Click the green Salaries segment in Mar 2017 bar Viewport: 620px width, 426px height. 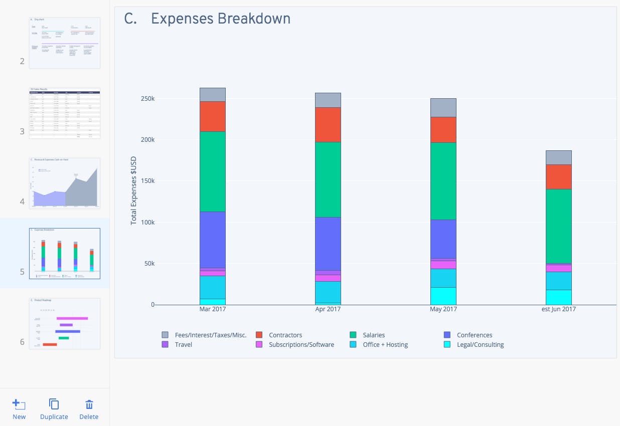pyautogui.click(x=212, y=171)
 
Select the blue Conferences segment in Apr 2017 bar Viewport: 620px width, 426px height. pyautogui.click(x=328, y=244)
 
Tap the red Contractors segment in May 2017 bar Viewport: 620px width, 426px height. pyautogui.click(x=443, y=130)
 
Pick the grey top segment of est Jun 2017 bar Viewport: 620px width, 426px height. pyautogui.click(x=558, y=157)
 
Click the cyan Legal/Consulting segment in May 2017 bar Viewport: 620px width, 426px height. pyautogui.click(x=443, y=296)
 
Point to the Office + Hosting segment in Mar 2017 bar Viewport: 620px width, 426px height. pyautogui.click(x=212, y=287)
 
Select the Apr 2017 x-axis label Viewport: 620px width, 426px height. pyautogui.click(x=328, y=309)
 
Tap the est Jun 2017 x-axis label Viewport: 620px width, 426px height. pyautogui.click(x=558, y=309)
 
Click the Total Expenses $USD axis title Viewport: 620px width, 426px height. pyautogui.click(x=133, y=189)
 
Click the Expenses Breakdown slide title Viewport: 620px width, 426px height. pyautogui.click(x=220, y=19)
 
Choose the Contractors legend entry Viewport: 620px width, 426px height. pyautogui.click(x=285, y=335)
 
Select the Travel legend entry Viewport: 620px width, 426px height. pyautogui.click(x=183, y=344)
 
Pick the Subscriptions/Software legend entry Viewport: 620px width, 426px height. pyautogui.click(x=301, y=344)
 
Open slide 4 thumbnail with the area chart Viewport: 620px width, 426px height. pyautogui.click(x=65, y=183)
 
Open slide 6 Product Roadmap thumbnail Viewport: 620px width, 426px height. pyautogui.click(x=65, y=323)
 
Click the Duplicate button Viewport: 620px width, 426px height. pyautogui.click(x=54, y=409)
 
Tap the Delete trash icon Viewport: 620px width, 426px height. pyautogui.click(x=89, y=405)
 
